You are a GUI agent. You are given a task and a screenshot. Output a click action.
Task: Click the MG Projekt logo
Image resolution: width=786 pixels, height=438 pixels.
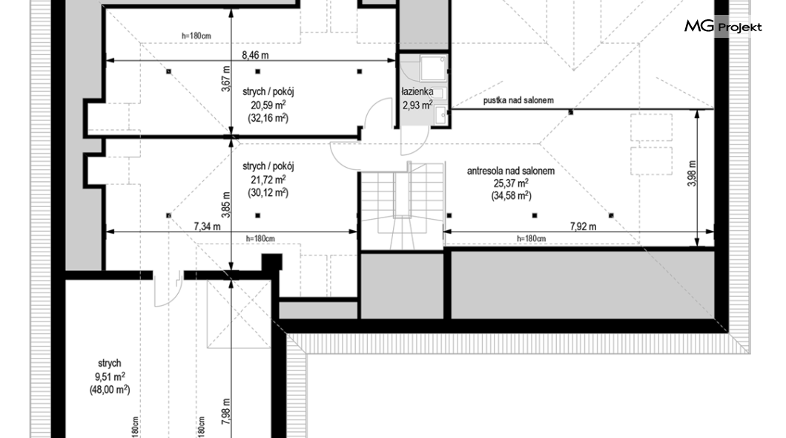[x=723, y=27]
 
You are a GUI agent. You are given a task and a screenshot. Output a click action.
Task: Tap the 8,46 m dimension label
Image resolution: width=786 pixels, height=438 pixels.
[x=255, y=55]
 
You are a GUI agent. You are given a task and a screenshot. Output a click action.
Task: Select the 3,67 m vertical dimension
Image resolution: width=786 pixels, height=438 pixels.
[x=226, y=79]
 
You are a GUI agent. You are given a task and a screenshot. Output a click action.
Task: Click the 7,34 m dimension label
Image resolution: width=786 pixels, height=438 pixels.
[x=207, y=226]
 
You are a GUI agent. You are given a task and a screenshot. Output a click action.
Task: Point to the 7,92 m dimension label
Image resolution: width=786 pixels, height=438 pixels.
[x=583, y=226]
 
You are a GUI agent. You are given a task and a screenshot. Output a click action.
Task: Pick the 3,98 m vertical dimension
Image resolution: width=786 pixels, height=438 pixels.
[x=692, y=174]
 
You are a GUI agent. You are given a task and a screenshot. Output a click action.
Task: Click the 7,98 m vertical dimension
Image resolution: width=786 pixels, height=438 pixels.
[x=226, y=411]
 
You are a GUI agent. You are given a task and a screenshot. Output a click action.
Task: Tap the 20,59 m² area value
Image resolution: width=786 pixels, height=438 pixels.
[x=268, y=105]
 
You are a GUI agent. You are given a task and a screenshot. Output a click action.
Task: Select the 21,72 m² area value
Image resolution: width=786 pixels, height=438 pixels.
[x=268, y=179]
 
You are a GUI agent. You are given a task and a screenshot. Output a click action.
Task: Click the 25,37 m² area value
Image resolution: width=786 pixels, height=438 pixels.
[x=511, y=183]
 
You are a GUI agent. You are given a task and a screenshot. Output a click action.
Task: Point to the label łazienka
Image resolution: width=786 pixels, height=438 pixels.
[x=417, y=92]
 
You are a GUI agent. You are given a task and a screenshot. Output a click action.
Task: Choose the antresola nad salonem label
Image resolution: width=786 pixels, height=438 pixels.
[x=511, y=171]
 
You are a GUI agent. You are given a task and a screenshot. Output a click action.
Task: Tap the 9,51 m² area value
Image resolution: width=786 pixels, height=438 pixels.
[x=110, y=376]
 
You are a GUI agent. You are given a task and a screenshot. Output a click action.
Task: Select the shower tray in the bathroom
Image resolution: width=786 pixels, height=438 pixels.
[x=432, y=68]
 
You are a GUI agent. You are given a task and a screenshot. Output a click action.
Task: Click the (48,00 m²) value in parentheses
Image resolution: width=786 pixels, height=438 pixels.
[x=110, y=389]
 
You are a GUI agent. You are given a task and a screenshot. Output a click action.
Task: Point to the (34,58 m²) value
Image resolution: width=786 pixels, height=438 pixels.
[x=511, y=196]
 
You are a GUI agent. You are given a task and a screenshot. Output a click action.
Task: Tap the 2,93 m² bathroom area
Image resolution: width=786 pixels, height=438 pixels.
[x=417, y=105]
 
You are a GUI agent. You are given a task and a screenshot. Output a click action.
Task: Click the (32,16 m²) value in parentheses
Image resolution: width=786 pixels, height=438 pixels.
[x=268, y=118]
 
